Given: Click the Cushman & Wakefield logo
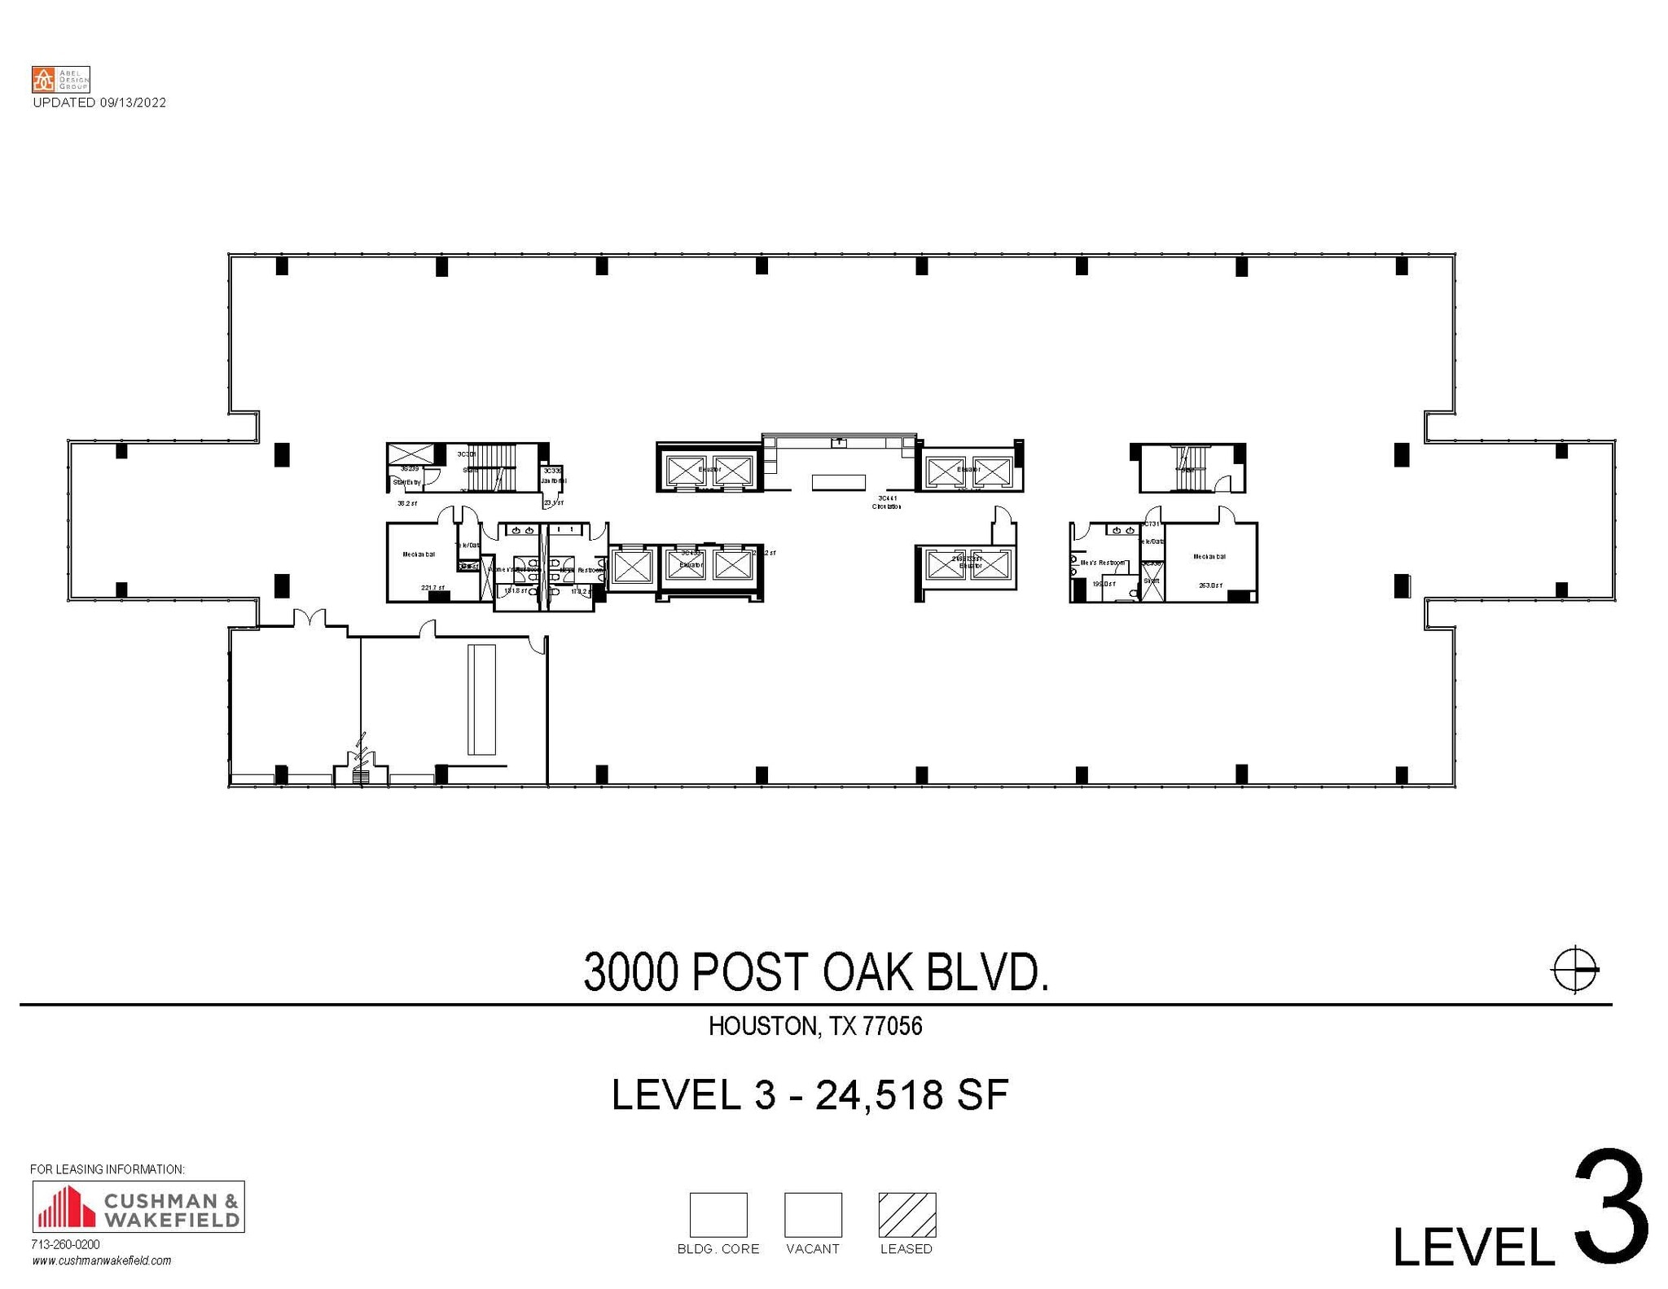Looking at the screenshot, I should pyautogui.click(x=138, y=1206).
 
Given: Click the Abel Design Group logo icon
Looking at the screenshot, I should pyautogui.click(x=43, y=80).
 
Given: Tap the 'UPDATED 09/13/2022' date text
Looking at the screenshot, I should pyautogui.click(x=99, y=103).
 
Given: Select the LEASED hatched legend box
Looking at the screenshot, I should pyautogui.click(x=906, y=1214).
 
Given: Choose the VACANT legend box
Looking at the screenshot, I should pyautogui.click(x=812, y=1214).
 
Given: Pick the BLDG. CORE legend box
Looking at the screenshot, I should pyautogui.click(x=718, y=1214).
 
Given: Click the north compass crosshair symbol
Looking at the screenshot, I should pyautogui.click(x=1574, y=969).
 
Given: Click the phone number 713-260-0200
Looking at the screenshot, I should pyautogui.click(x=65, y=1244).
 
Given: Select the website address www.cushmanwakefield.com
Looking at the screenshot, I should pyautogui.click(x=102, y=1261).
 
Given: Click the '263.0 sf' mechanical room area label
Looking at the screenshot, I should pyautogui.click(x=1209, y=585).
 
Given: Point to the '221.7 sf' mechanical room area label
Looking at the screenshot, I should pyautogui.click(x=432, y=588).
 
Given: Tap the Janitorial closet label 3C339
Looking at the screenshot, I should pyautogui.click(x=552, y=471).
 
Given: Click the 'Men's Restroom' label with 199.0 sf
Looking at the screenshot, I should pyautogui.click(x=1102, y=563).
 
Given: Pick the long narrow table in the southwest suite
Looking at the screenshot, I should pyautogui.click(x=481, y=699).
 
